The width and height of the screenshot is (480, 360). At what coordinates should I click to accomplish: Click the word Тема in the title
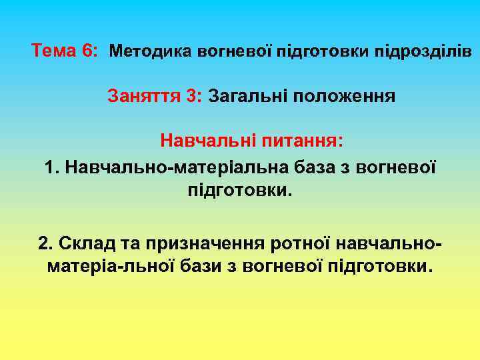54,51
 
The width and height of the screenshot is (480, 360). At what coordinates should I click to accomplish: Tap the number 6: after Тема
89,51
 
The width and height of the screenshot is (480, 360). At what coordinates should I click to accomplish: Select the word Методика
151,51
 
